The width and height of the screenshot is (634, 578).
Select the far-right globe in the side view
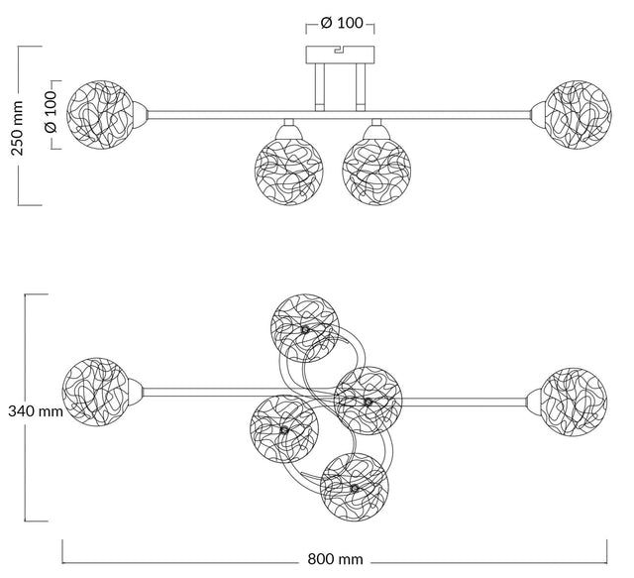click(x=572, y=110)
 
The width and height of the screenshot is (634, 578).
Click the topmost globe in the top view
click(x=307, y=328)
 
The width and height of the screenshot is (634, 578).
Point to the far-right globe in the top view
click(x=573, y=401)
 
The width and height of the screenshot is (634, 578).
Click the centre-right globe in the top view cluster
click(x=368, y=401)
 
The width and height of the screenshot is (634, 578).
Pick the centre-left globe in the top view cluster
click(x=284, y=428)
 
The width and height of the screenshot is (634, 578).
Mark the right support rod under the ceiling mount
click(x=361, y=85)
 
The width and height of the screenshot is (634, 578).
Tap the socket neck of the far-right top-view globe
click(x=533, y=401)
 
